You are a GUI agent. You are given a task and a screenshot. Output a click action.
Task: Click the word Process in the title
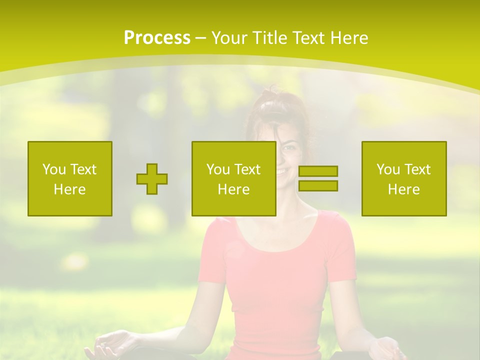(x=157, y=38)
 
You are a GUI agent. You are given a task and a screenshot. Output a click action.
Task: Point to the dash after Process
(x=200, y=38)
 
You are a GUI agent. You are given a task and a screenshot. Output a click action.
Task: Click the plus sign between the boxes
(x=152, y=178)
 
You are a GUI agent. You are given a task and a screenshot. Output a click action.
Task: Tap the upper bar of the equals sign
(x=318, y=171)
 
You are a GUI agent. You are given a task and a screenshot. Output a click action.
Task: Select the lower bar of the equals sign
(x=318, y=185)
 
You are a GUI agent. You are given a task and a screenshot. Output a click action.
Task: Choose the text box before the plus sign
(x=69, y=178)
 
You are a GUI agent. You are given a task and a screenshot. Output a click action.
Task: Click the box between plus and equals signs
(x=233, y=178)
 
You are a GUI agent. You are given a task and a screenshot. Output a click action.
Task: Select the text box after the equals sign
(x=403, y=178)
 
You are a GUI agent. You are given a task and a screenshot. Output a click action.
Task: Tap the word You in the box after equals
(x=388, y=169)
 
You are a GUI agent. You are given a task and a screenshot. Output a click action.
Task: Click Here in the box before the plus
(x=69, y=189)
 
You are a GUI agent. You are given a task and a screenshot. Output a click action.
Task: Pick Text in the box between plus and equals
(x=248, y=169)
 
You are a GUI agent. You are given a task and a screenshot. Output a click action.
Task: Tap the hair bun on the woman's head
(x=272, y=92)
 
